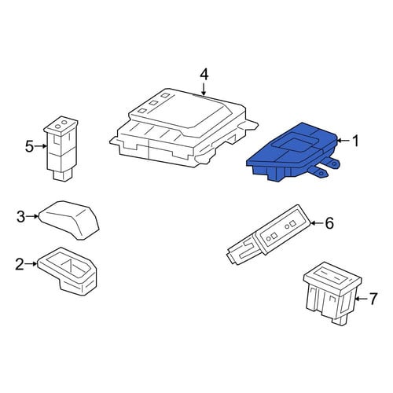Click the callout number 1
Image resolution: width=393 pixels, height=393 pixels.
tap(355, 141)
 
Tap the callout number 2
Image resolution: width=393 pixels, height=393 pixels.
tap(20, 264)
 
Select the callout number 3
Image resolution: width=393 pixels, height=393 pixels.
tap(20, 217)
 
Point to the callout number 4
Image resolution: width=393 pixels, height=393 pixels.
tap(204, 75)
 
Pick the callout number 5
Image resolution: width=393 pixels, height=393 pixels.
tap(29, 146)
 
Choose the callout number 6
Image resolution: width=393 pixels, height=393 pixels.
tap(329, 223)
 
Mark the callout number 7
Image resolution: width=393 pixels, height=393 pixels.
tap(373, 299)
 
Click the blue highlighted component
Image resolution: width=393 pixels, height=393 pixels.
tap(292, 152)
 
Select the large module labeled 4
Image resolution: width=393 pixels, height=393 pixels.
tap(183, 128)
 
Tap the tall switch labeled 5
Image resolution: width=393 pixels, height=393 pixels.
tap(61, 149)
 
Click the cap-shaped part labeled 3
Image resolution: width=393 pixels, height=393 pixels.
tap(69, 219)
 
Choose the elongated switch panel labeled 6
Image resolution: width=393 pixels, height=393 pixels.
tap(269, 234)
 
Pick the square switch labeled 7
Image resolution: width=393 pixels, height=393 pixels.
tap(332, 293)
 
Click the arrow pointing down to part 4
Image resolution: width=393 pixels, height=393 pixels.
tap(204, 89)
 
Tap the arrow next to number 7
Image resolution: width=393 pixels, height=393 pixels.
tap(362, 299)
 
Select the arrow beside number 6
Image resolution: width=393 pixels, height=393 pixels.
tap(317, 223)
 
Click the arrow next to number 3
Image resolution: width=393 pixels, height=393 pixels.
tap(32, 216)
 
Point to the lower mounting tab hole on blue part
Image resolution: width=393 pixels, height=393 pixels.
tap(320, 173)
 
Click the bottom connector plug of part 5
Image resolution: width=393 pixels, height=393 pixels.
tap(63, 174)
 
